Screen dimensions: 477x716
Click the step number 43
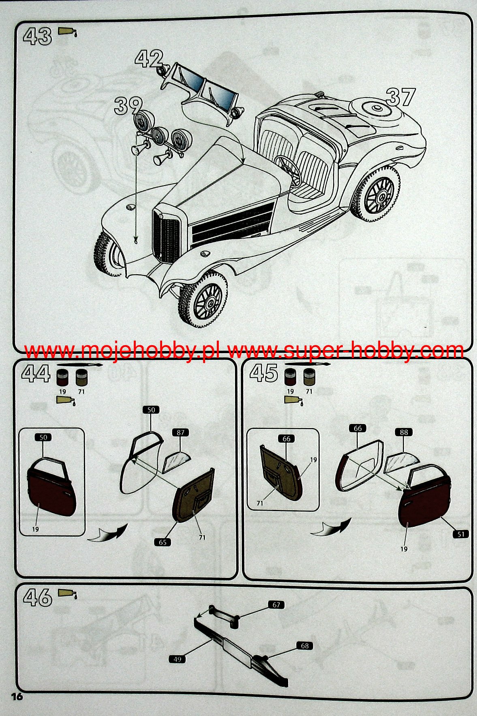(37, 36)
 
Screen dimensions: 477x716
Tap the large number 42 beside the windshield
(149, 59)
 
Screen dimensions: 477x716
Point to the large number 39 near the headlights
(128, 106)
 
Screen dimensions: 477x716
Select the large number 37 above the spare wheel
(400, 97)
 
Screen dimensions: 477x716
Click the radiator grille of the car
(166, 236)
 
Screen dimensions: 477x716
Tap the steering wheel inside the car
(289, 170)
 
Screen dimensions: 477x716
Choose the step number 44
(36, 373)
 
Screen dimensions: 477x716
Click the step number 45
(263, 373)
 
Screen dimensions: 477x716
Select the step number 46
(38, 597)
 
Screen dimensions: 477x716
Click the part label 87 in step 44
(180, 433)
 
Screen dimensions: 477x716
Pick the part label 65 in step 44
(163, 542)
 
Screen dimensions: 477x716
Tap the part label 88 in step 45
(404, 433)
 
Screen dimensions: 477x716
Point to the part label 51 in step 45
(461, 534)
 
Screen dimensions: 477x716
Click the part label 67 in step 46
(276, 605)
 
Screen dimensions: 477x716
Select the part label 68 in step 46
(305, 646)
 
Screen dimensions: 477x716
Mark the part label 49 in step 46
(177, 659)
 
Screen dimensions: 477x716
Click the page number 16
(17, 697)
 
